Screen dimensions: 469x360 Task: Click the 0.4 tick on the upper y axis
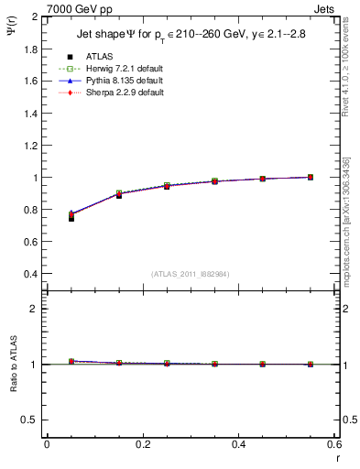(29, 274)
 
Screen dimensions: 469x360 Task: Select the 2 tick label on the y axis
(35, 17)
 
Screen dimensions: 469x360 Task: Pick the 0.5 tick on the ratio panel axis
(29, 420)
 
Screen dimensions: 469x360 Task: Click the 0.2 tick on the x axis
(142, 444)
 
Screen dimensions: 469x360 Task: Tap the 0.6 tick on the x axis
(334, 444)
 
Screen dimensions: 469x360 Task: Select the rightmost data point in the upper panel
(311, 177)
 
